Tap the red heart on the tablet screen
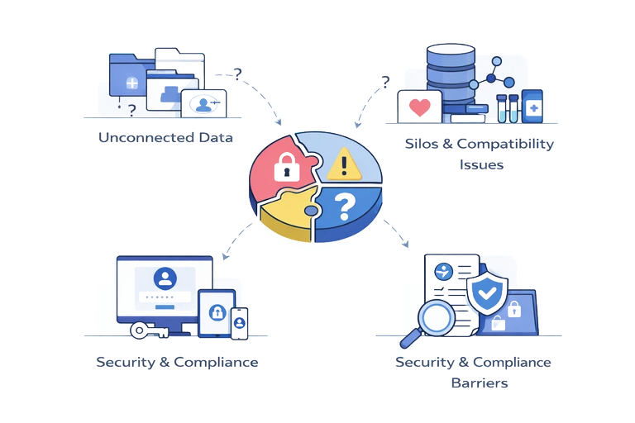[x=420, y=107]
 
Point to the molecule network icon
[x=493, y=75]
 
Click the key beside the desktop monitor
[x=148, y=330]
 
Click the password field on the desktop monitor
[x=166, y=296]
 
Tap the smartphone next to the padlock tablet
[x=239, y=322]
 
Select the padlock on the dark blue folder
[x=513, y=310]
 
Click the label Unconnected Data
[x=165, y=137]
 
